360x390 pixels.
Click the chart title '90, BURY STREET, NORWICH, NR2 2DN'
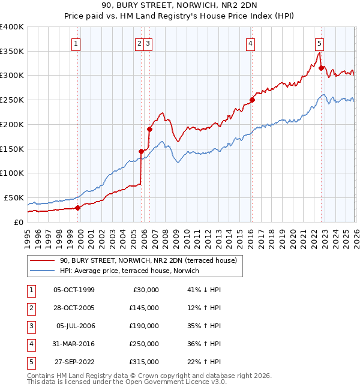[x=179, y=7]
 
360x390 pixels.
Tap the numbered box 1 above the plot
[x=77, y=43]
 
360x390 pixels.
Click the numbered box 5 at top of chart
[x=319, y=43]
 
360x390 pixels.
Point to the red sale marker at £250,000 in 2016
[x=252, y=100]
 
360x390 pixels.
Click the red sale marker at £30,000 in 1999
[x=77, y=208]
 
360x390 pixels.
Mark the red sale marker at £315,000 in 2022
[x=321, y=68]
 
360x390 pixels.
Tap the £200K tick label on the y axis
[x=11, y=124]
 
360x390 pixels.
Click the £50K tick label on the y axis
[x=14, y=197]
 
